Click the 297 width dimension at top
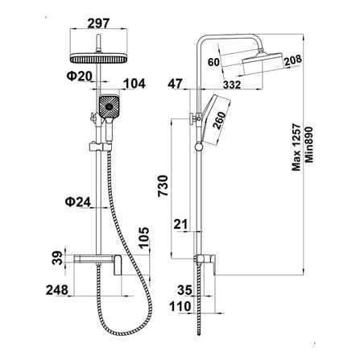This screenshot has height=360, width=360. [98, 23]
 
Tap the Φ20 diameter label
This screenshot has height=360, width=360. [80, 77]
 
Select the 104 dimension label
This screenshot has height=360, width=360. [134, 84]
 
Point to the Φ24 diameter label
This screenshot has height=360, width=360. [78, 202]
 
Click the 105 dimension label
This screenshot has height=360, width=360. [143, 238]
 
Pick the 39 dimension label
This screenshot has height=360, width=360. [57, 258]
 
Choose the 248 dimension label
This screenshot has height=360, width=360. [57, 290]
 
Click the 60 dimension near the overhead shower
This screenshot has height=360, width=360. [213, 62]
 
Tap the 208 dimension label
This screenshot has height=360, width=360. [293, 60]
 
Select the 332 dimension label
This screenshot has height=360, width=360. [232, 85]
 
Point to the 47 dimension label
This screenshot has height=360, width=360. [175, 84]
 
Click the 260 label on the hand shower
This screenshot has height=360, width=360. [219, 121]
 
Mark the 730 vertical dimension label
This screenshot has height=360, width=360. [163, 186]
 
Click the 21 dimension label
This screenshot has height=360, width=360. [180, 224]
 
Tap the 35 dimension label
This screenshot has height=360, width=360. [184, 290]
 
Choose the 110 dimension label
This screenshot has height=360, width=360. [180, 306]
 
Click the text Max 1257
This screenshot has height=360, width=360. [296, 147]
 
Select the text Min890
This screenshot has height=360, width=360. [309, 144]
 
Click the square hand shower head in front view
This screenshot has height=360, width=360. [109, 106]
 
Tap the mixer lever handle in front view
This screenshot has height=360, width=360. [118, 265]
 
